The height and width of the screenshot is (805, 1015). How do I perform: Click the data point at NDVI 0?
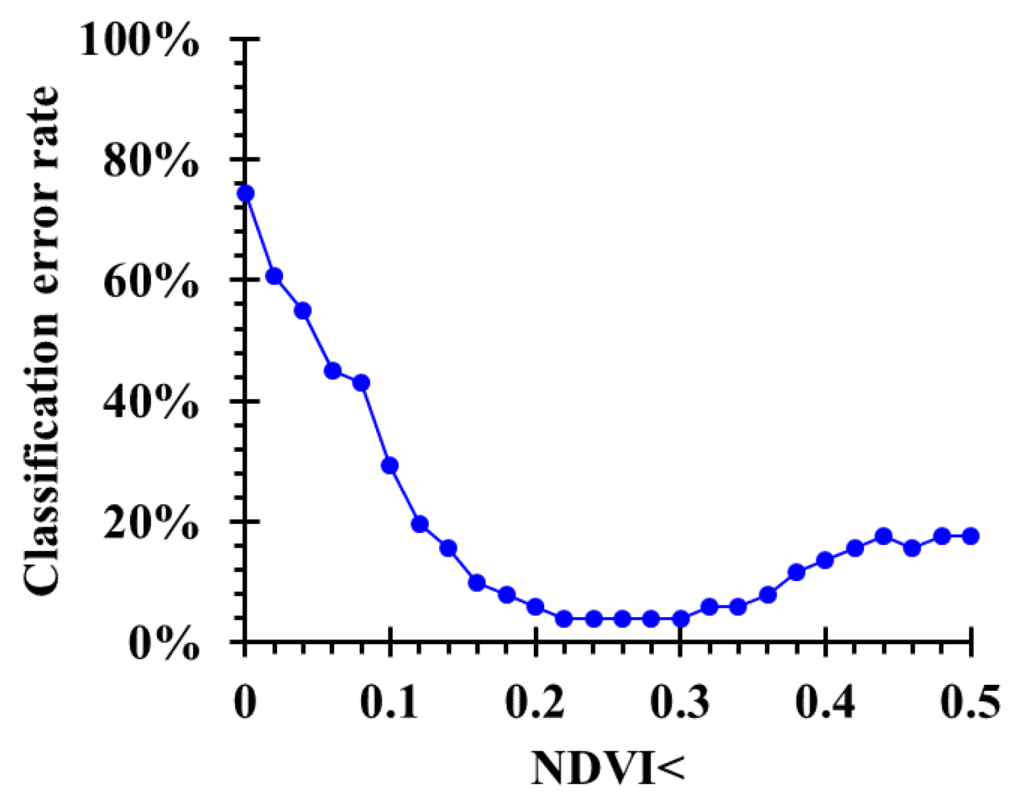[x=246, y=193]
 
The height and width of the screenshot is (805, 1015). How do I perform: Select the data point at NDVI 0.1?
[x=390, y=466]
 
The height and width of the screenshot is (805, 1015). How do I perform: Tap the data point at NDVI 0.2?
[x=536, y=606]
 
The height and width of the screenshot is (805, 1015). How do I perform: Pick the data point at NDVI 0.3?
[x=681, y=619]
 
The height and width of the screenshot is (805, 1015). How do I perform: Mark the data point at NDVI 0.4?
[x=825, y=560]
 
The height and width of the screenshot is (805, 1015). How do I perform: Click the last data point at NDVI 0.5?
[x=970, y=536]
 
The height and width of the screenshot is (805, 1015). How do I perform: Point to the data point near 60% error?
[x=274, y=276]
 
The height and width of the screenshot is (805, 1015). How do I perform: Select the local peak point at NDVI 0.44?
[x=884, y=536]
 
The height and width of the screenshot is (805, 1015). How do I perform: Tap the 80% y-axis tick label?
[x=150, y=162]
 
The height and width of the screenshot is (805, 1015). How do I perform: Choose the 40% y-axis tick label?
[x=150, y=403]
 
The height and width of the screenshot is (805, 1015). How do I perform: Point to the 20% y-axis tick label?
[x=150, y=523]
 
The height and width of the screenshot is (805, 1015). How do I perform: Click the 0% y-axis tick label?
[x=163, y=644]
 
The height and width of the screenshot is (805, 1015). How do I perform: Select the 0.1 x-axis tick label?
[x=389, y=703]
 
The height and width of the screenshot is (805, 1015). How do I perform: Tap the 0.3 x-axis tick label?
[x=680, y=703]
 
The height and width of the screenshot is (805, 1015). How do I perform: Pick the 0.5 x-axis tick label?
[x=970, y=703]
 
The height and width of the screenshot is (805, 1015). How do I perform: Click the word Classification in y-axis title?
[x=41, y=457]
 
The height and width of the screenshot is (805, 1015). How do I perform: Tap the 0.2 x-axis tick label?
[x=534, y=703]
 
